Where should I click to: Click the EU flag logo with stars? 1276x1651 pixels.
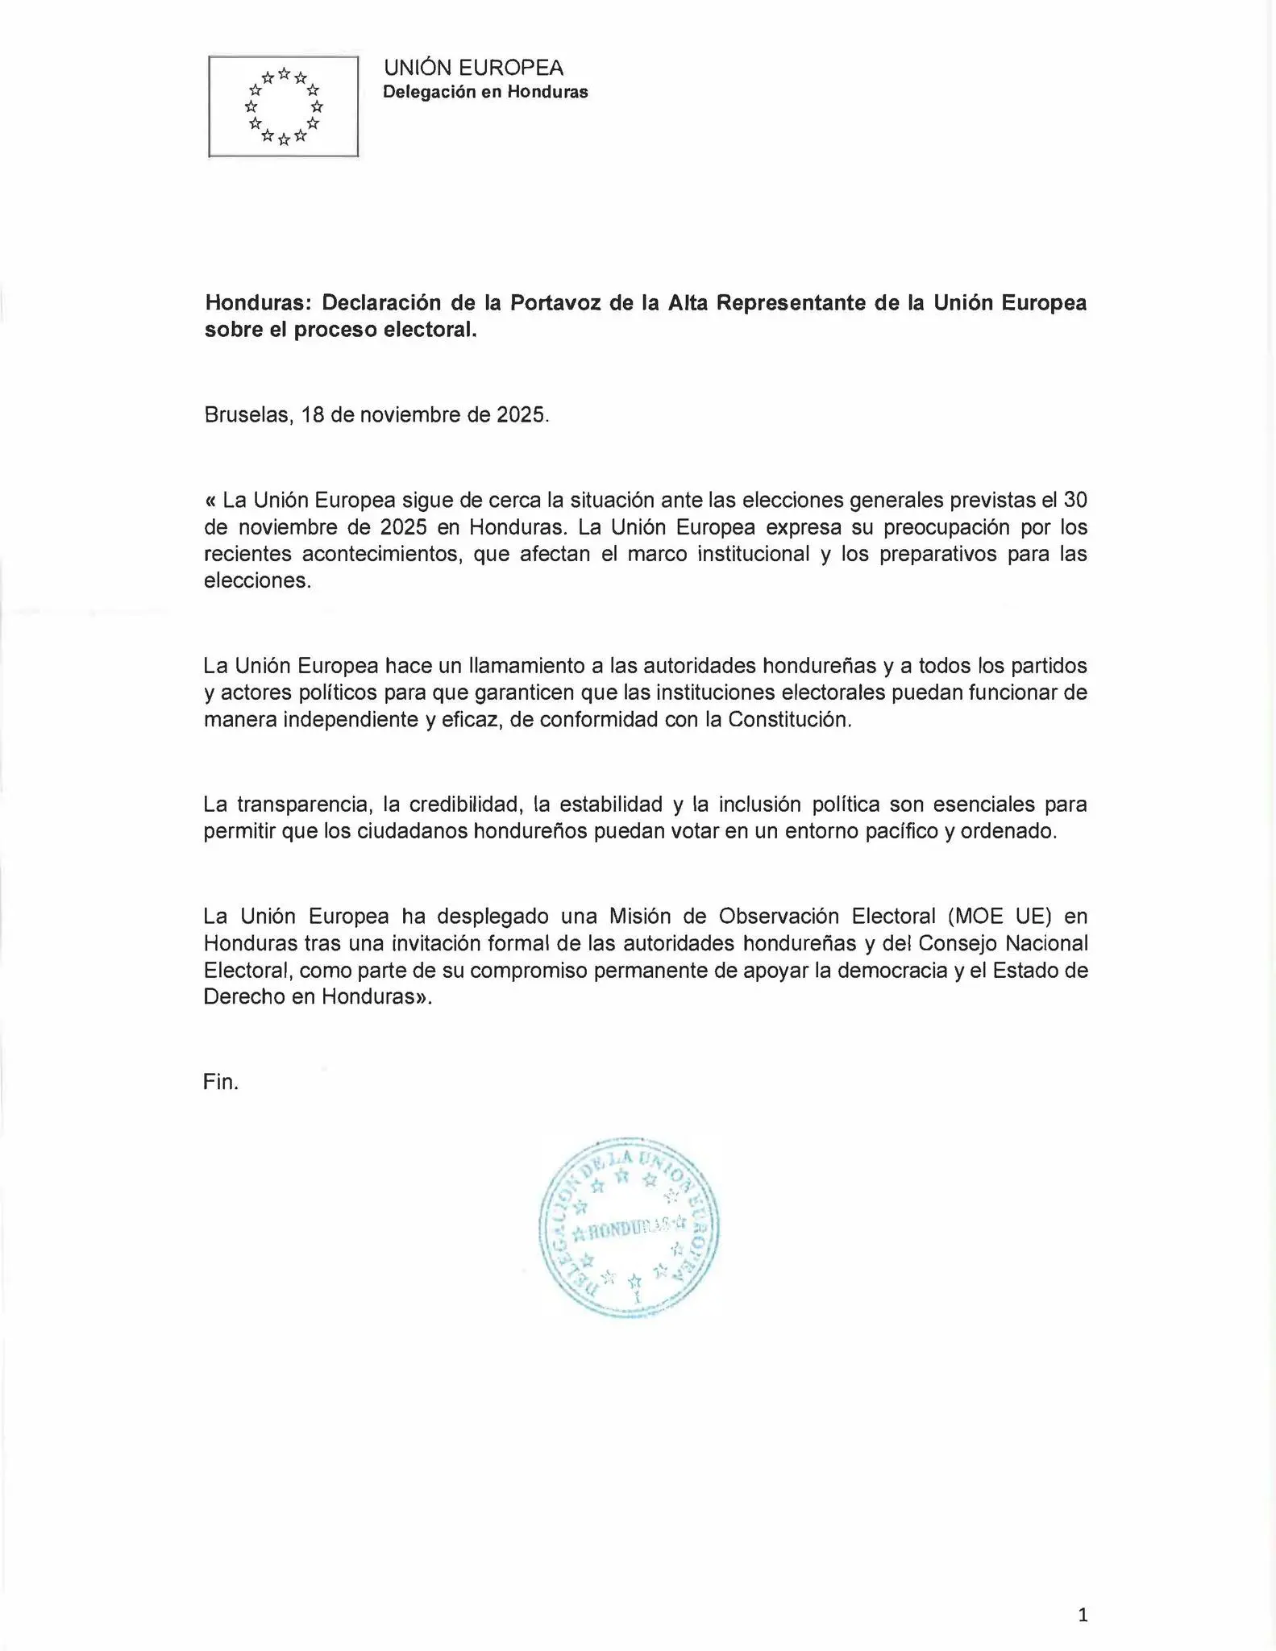click(x=283, y=106)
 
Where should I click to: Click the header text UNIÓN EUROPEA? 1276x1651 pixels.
click(x=473, y=68)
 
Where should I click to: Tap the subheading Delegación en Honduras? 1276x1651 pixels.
click(x=485, y=92)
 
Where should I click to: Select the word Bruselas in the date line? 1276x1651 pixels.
click(x=247, y=415)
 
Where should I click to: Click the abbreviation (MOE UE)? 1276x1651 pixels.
click(x=1000, y=917)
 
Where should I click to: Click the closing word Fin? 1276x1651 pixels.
click(x=221, y=1082)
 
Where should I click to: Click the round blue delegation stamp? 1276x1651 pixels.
click(x=629, y=1228)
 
